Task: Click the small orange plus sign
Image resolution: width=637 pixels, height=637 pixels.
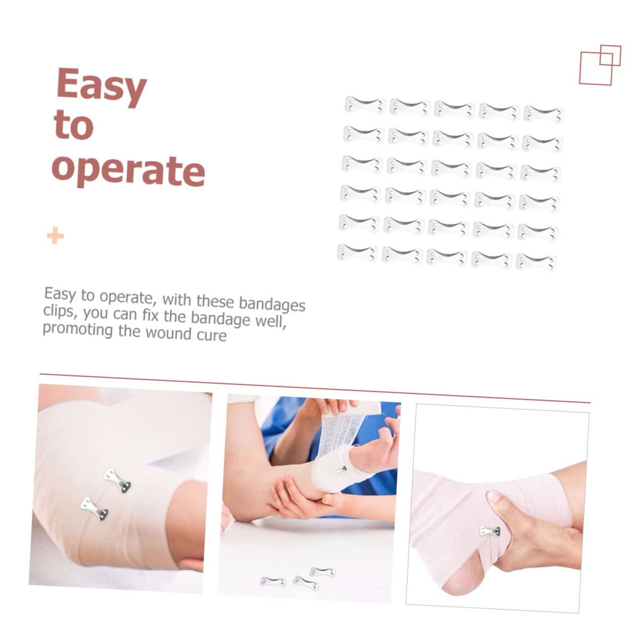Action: pyautogui.click(x=55, y=235)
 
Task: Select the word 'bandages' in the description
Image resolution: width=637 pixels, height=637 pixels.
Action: pyautogui.click(x=272, y=303)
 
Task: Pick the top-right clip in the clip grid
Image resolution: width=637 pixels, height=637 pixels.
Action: pyautogui.click(x=543, y=113)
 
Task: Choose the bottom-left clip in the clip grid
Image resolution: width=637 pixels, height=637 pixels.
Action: pyautogui.click(x=357, y=253)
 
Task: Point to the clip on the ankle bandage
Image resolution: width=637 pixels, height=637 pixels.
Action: pyautogui.click(x=490, y=531)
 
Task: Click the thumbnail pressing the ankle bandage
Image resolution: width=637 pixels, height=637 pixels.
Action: pyautogui.click(x=496, y=498)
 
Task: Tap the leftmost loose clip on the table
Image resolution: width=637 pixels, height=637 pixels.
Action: pyautogui.click(x=273, y=581)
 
